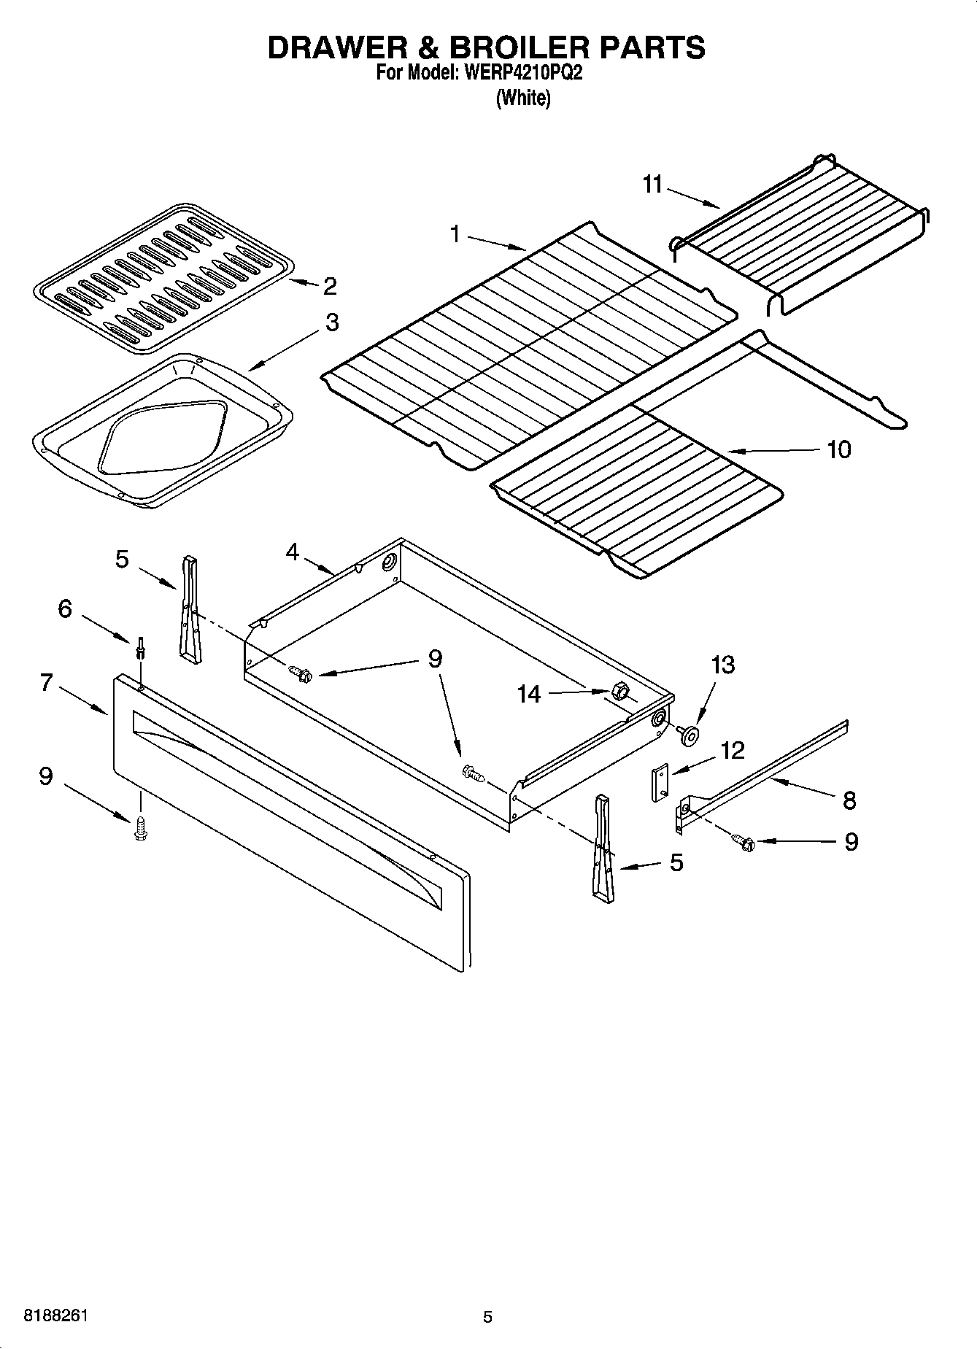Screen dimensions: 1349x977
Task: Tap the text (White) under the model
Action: coord(523,98)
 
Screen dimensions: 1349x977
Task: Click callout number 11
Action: coord(652,185)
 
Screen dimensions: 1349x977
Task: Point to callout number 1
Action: coord(455,234)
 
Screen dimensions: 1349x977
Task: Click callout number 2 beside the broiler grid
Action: coord(330,286)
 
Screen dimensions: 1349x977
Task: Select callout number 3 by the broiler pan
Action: coord(332,322)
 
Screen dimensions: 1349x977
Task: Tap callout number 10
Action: coord(839,449)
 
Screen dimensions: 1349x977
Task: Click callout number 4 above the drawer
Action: coord(292,552)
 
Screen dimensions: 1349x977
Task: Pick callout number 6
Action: coord(65,608)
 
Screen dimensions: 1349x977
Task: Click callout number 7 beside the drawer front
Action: coord(46,683)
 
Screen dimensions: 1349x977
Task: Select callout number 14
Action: coord(529,694)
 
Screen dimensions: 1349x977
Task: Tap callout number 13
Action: coord(722,665)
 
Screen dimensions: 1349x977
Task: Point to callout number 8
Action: coord(849,800)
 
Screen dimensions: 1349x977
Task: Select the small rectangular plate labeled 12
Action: coord(660,783)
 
